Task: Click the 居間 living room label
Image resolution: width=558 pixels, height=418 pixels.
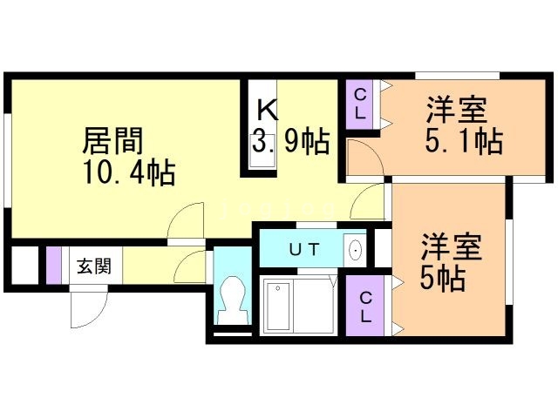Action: tap(112, 141)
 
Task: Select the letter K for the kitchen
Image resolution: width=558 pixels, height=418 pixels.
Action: tap(267, 110)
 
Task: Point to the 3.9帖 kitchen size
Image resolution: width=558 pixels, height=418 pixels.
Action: tap(290, 141)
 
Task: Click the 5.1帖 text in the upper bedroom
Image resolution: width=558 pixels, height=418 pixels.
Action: tap(463, 141)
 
